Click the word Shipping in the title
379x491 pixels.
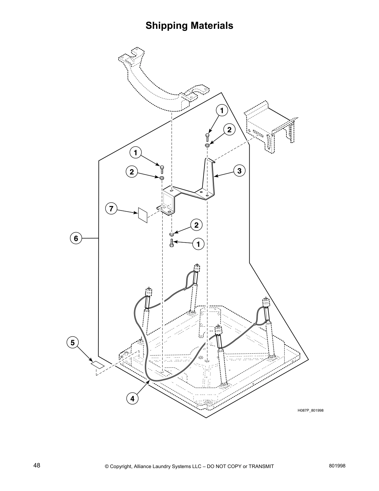166,26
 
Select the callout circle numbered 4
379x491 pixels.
132,399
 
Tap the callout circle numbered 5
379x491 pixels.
72,343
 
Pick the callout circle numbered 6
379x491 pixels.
76,238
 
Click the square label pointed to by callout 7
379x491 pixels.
142,215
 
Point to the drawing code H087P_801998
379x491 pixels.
310,410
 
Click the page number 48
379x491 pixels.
37,466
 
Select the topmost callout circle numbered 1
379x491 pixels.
222,110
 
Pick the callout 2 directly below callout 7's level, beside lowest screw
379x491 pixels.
196,225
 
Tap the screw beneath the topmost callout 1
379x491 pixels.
207,137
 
